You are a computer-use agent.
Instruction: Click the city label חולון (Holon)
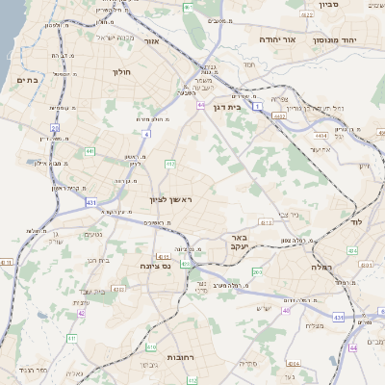click(x=122, y=72)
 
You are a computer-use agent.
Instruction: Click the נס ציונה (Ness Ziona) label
click(x=153, y=266)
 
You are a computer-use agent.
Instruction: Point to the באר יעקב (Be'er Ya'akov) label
click(x=236, y=241)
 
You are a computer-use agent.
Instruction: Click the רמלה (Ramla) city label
click(x=321, y=267)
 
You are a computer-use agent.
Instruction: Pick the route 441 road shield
click(x=90, y=151)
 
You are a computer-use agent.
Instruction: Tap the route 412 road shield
click(x=170, y=165)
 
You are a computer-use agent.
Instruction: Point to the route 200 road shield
click(x=256, y=273)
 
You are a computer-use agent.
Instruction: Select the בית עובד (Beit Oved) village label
click(x=95, y=291)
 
